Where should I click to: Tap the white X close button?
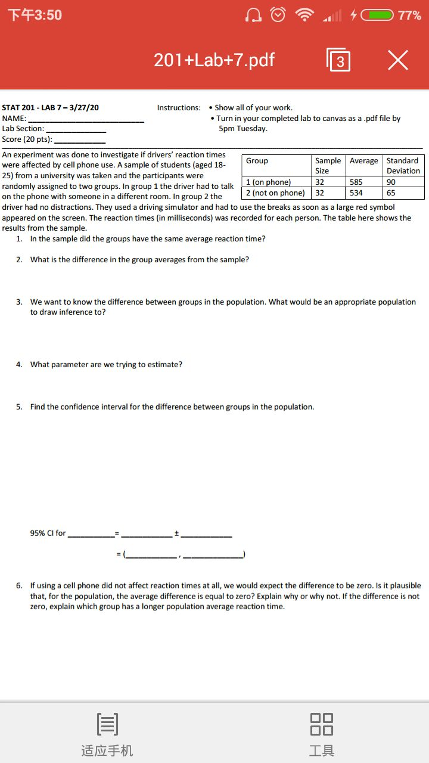[397, 60]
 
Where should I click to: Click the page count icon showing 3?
[338, 60]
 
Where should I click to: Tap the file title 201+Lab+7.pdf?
[214, 60]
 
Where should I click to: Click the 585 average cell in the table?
[356, 182]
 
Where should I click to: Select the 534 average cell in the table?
[356, 193]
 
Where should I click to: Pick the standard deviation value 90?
[391, 182]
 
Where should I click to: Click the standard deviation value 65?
[391, 193]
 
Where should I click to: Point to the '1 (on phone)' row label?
[269, 182]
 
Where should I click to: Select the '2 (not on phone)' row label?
[275, 193]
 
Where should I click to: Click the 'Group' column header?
[257, 161]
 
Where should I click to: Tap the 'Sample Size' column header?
[328, 166]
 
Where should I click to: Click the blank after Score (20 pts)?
[80, 141]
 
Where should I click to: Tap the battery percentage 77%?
[409, 15]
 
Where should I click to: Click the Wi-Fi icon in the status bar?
[305, 15]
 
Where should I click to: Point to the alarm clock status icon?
[278, 15]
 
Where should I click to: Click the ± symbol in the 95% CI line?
[176, 534]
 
